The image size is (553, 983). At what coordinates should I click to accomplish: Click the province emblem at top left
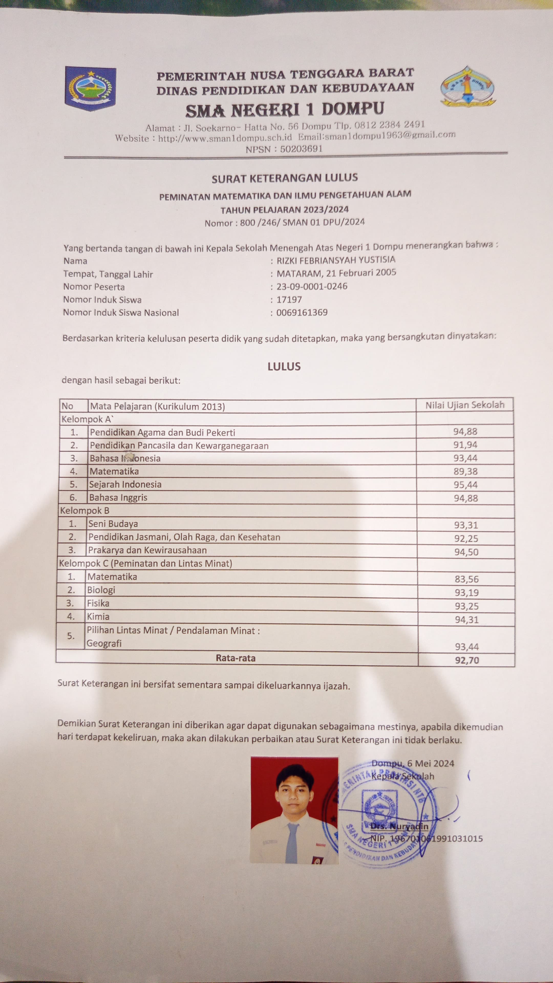(x=90, y=89)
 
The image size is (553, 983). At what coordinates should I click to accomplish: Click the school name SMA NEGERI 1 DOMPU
(x=285, y=110)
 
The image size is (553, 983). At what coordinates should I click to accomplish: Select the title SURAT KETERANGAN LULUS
(x=285, y=178)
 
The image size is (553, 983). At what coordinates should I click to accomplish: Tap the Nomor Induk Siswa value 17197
(x=289, y=300)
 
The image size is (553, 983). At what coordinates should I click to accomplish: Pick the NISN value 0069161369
(x=302, y=313)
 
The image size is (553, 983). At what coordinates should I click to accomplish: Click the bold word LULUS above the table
(x=284, y=366)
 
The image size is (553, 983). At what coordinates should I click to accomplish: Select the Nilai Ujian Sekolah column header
(x=465, y=405)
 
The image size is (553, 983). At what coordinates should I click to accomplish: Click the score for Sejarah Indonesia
(x=465, y=485)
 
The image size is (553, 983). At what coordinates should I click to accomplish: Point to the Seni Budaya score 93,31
(x=466, y=525)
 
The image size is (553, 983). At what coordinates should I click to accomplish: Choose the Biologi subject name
(x=101, y=590)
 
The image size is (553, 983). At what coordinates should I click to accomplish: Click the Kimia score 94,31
(x=466, y=620)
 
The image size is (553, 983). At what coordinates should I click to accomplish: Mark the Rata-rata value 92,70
(x=466, y=660)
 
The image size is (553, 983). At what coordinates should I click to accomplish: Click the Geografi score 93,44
(x=466, y=646)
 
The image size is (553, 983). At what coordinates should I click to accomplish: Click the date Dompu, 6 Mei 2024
(x=412, y=763)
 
